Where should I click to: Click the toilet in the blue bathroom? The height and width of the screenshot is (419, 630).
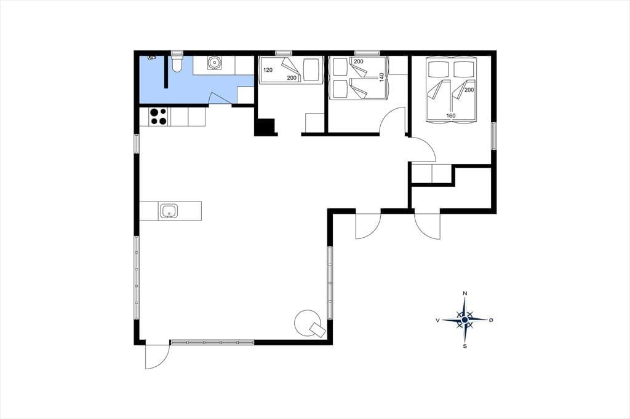pyautogui.click(x=177, y=64)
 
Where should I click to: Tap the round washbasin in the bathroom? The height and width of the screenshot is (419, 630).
pyautogui.click(x=214, y=63)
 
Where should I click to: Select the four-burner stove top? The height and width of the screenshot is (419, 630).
pyautogui.click(x=158, y=116)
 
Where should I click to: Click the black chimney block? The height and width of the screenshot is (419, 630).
pyautogui.click(x=265, y=127)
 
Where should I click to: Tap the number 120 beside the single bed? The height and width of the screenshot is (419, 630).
pyautogui.click(x=268, y=70)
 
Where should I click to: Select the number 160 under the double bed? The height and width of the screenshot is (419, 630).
pyautogui.click(x=451, y=116)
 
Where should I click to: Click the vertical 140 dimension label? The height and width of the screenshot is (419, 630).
pyautogui.click(x=381, y=77)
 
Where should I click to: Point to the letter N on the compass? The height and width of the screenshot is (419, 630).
pyautogui.click(x=465, y=294)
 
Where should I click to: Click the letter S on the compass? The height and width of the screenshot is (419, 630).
pyautogui.click(x=465, y=346)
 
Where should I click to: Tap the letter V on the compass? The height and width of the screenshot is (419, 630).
pyautogui.click(x=437, y=320)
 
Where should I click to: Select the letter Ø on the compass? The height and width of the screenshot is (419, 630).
pyautogui.click(x=491, y=320)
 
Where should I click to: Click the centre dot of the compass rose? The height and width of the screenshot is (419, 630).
pyautogui.click(x=465, y=319)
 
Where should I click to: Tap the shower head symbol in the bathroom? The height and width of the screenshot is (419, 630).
pyautogui.click(x=151, y=58)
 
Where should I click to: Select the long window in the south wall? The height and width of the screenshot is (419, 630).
pyautogui.click(x=212, y=342)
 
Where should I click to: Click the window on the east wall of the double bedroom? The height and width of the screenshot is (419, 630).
pyautogui.click(x=494, y=136)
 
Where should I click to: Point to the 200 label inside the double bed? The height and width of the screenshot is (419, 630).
pyautogui.click(x=469, y=90)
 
